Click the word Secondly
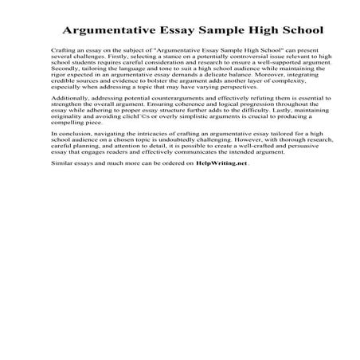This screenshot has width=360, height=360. click(64, 72)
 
